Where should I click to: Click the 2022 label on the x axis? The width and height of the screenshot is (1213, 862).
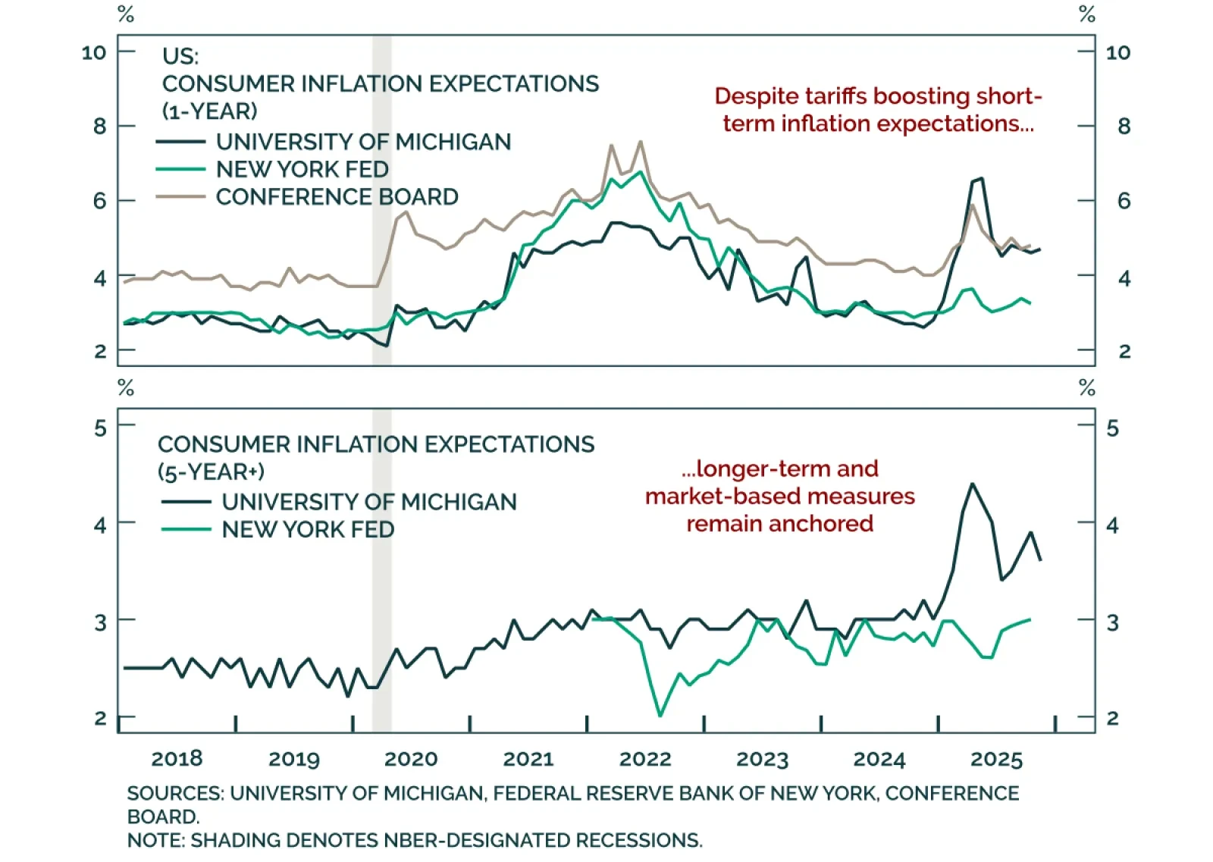point(645,759)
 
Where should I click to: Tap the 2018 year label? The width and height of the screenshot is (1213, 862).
point(177,759)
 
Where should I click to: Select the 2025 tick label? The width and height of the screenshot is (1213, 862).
point(996,759)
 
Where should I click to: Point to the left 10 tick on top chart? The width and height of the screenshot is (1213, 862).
point(94,52)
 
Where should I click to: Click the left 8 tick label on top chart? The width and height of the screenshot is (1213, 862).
point(99,126)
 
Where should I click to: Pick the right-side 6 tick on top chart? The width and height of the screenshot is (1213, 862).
point(1124,201)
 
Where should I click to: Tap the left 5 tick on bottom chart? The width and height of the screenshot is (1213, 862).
point(100,428)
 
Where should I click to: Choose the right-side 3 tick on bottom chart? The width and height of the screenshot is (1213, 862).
point(1112,622)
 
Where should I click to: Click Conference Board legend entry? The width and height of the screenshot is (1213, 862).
point(337,197)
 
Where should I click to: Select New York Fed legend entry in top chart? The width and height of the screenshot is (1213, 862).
point(302,169)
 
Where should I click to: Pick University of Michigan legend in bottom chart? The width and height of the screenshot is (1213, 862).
point(368,502)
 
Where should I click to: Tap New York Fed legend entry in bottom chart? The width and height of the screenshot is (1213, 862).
point(308,529)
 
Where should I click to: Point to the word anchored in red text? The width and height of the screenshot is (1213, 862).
point(827,524)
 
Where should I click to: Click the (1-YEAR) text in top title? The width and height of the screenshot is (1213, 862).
point(210,111)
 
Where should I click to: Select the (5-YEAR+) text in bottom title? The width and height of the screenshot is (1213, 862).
point(211,472)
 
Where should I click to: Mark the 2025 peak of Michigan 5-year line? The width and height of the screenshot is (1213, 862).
point(973,484)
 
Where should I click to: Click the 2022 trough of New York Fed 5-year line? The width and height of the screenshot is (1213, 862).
point(660,715)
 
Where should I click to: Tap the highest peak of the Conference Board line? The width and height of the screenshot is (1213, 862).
point(641,142)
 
